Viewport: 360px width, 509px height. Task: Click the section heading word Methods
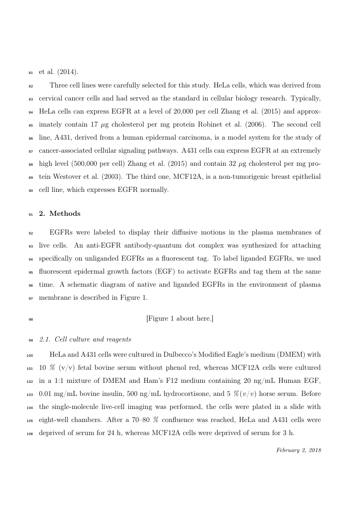coord(65,214)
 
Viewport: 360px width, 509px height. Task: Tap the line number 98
coord(30,319)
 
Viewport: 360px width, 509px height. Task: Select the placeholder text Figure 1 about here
coord(180,319)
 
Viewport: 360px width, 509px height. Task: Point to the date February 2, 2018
coord(299,450)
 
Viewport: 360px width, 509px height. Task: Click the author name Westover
coord(65,177)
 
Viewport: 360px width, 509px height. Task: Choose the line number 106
coord(30,433)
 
